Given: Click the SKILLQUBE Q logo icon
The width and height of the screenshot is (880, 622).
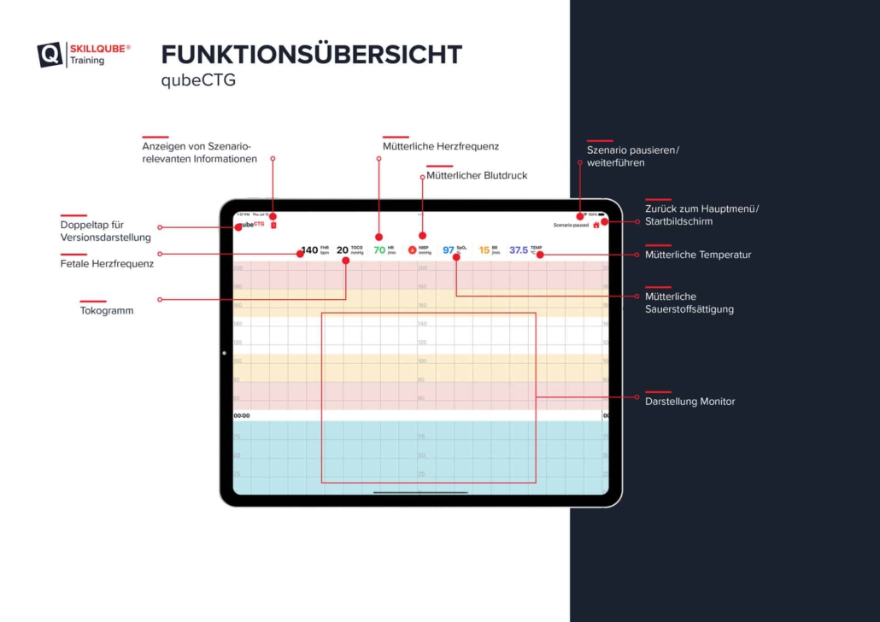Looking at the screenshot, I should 50,55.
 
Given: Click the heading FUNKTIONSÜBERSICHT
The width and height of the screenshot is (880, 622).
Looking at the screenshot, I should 312,55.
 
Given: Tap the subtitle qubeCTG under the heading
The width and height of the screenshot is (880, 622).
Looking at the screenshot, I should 198,81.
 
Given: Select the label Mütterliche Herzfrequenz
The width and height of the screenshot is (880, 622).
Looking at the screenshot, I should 441,147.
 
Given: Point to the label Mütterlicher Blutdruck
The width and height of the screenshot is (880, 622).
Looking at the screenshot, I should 477,176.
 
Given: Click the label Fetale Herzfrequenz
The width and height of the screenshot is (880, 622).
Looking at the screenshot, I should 108,264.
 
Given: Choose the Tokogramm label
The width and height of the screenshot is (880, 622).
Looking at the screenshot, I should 107,311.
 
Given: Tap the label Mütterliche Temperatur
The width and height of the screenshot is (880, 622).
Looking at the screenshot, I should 698,255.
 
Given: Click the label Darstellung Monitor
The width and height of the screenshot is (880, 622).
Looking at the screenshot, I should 689,402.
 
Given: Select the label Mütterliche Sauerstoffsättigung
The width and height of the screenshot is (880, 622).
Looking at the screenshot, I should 689,302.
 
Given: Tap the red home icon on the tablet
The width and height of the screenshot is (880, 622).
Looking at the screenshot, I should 596,225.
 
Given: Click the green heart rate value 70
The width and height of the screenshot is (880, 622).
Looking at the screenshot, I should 379,250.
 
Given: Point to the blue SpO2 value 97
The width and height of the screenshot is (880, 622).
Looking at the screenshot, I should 449,250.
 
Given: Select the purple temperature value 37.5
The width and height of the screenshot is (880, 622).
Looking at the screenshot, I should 519,250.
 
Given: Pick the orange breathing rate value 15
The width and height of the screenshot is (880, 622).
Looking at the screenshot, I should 484,250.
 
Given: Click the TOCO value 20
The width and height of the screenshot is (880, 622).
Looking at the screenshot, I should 343,250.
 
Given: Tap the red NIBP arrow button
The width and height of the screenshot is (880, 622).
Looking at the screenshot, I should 413,250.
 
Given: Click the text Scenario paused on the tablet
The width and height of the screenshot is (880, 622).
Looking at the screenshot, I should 571,225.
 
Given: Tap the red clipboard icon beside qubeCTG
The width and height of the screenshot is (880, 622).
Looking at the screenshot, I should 273,225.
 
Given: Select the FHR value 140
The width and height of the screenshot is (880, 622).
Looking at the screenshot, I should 309,250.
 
